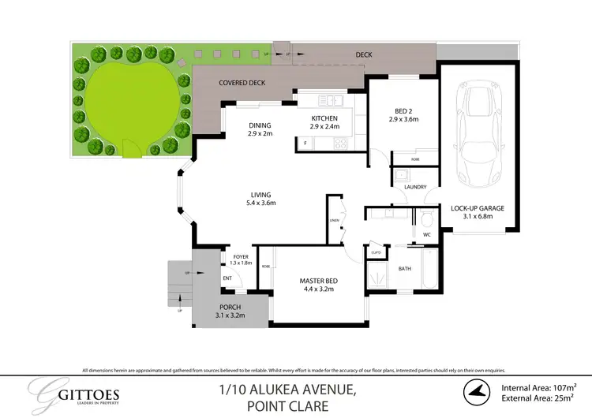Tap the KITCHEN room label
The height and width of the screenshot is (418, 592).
coord(324,118)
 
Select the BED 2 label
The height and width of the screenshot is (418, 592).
coord(403,112)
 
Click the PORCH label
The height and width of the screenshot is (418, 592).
coord(230,307)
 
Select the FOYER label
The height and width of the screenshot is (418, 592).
coord(241,256)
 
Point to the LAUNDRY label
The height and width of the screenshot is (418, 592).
coord(414,187)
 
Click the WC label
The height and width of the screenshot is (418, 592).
coord(426,234)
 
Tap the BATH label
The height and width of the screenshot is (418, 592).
coord(404,269)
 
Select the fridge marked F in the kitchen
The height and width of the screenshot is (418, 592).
coord(305,143)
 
